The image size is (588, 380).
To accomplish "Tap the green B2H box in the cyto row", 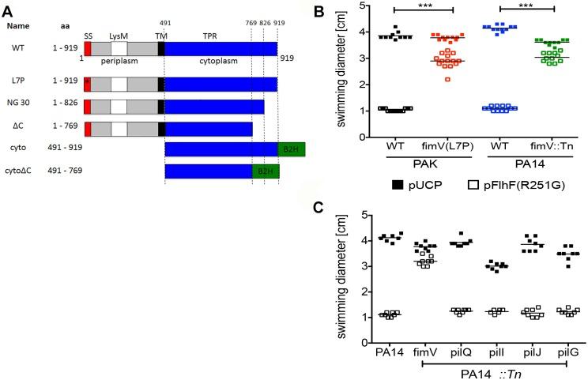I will click(x=290, y=149).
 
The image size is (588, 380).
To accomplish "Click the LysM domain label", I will click(x=119, y=36).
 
